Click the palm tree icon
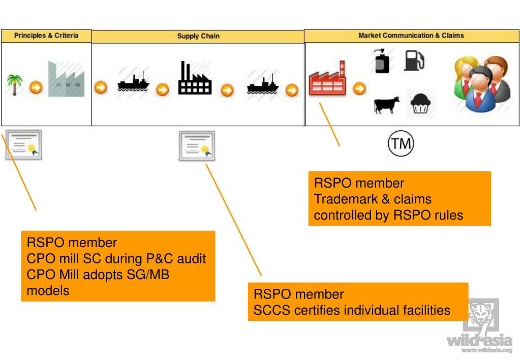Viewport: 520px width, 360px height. pos(15,84)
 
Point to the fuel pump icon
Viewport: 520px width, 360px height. pos(414,61)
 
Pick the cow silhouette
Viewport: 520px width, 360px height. pos(386,105)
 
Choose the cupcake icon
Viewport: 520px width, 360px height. pos(420,104)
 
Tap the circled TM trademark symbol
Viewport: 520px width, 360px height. pos(401,143)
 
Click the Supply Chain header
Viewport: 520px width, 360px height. pos(198,36)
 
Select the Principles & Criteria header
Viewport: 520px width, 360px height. pos(46,36)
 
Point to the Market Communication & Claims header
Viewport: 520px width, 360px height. pos(411,36)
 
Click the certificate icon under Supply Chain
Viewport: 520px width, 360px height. pos(197,145)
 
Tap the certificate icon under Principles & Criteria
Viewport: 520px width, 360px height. pos(23,145)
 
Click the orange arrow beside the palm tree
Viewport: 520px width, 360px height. pos(36,87)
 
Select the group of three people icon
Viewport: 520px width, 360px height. pos(482,84)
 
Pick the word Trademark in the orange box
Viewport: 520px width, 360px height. pos(346,199)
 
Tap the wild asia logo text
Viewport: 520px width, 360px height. pos(479,341)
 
